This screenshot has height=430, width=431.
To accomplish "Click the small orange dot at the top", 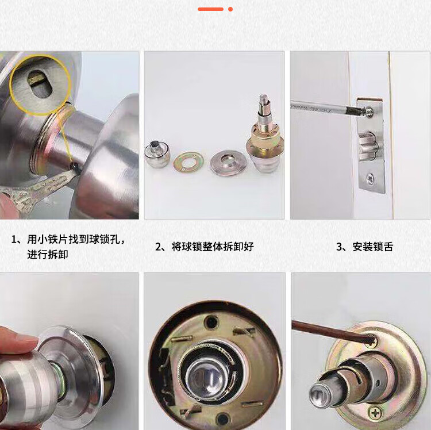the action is point(230,9).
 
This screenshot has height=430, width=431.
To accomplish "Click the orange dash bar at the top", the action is point(210,9).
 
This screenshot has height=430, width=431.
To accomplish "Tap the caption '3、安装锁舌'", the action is point(365,247).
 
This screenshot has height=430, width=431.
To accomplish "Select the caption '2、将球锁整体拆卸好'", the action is point(204,247).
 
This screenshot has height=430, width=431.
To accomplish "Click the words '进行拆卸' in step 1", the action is point(48,254).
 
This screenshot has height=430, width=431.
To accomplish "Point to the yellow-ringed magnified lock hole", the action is point(40,85).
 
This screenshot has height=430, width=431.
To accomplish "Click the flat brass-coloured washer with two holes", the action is point(188,162).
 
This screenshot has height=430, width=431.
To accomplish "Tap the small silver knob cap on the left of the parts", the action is point(157,153).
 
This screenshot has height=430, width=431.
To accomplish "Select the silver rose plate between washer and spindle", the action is point(228,163).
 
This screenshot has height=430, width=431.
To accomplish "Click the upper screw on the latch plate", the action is point(369,112).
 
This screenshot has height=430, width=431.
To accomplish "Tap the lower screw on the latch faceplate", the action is point(371,179).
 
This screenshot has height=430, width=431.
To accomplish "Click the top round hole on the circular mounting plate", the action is point(212,322).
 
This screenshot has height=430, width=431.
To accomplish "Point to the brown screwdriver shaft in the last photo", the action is point(332,331).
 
